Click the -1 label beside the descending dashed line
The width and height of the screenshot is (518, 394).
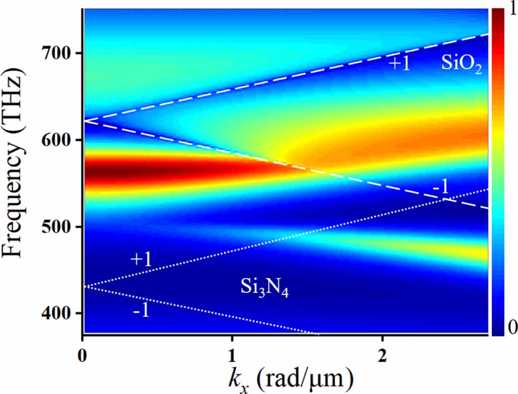440,187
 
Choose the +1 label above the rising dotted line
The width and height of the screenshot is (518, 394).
142,259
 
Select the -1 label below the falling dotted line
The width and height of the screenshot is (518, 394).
141,311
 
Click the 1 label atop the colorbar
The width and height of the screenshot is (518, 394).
511,11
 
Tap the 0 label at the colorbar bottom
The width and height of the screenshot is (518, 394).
511,328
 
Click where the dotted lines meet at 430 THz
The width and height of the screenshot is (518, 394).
83,287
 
